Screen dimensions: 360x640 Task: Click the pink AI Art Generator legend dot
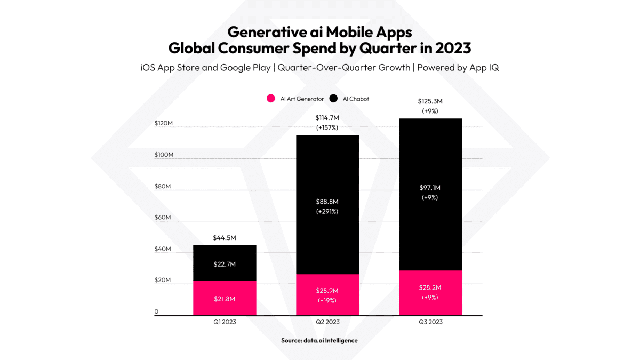271,99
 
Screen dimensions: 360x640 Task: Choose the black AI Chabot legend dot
334,99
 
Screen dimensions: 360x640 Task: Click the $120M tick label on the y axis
163,123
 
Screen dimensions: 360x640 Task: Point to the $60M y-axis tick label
163,218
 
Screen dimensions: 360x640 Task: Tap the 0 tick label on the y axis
156,311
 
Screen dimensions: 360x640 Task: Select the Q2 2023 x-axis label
327,322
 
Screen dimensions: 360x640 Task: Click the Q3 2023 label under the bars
430,322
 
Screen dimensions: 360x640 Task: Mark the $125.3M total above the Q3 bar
430,101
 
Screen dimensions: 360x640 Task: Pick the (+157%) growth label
327,127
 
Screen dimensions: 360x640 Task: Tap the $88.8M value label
327,202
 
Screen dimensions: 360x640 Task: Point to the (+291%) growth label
327,211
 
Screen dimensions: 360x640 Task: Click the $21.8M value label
225,299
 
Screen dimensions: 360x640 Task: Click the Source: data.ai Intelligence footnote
319,340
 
